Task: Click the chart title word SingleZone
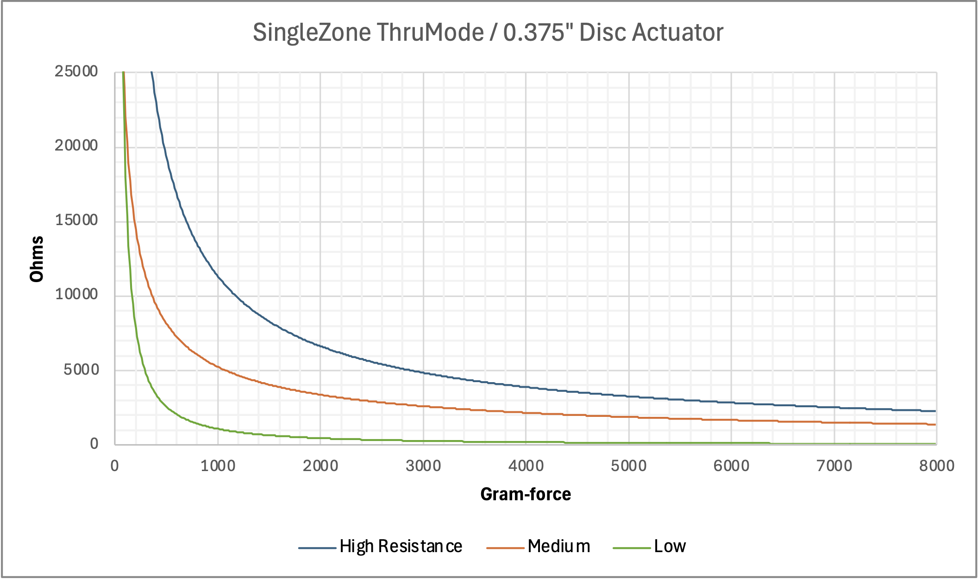pos(312,33)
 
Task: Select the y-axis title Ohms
pos(37,259)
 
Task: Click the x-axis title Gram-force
pos(526,494)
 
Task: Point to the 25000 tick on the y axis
pos(76,71)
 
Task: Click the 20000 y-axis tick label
pos(76,145)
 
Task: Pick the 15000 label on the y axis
pos(76,220)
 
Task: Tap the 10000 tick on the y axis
pos(76,294)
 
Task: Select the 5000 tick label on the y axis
pos(81,370)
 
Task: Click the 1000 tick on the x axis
pos(218,466)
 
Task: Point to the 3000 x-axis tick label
pos(423,466)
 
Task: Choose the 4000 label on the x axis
pos(526,466)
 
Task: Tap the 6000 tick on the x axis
pos(731,466)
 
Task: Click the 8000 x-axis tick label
pos(936,466)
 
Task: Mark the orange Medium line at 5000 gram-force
pos(629,417)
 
